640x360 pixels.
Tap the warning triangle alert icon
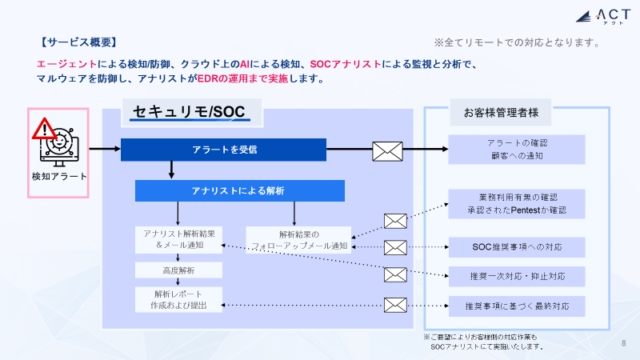coord(45,129)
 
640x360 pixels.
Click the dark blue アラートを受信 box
coord(224,150)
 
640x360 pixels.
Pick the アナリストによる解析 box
coord(238,190)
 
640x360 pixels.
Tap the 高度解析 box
coord(178,270)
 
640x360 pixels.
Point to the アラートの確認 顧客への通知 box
coord(517,149)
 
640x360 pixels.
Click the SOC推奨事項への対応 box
coord(517,247)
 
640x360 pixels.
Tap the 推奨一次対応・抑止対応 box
coord(517,277)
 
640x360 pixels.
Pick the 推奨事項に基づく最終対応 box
coord(517,306)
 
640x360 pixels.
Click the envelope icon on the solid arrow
coord(387,150)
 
